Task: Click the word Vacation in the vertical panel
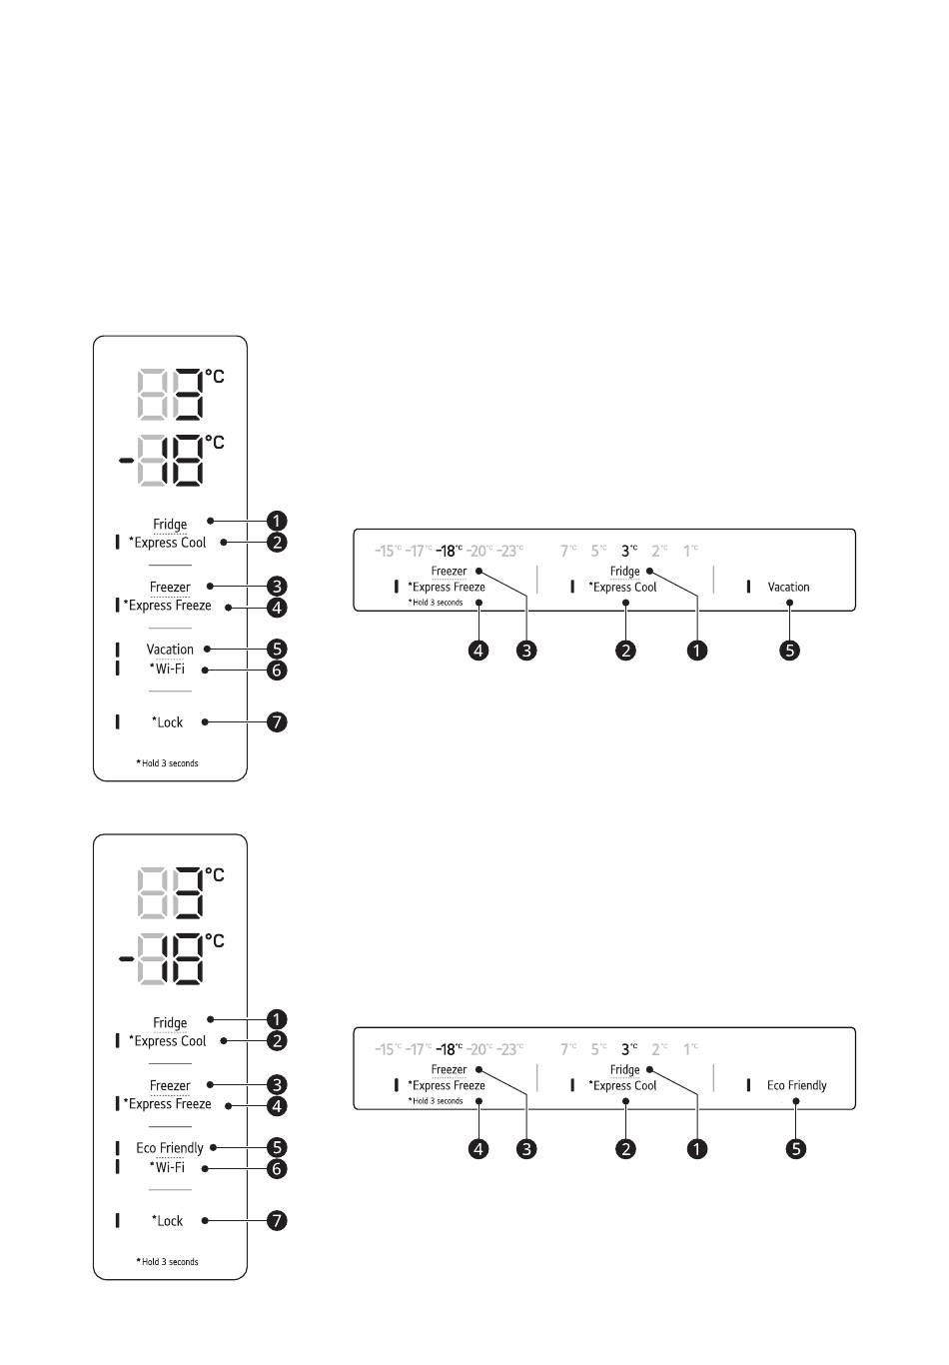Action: click(x=170, y=650)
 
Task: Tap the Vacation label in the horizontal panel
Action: click(x=788, y=588)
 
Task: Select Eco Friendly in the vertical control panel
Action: click(x=170, y=1148)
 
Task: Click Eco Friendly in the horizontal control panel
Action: click(x=796, y=1086)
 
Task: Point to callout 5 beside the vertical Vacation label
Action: click(x=277, y=650)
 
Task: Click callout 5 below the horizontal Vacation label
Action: click(x=789, y=651)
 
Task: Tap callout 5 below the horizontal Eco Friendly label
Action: click(x=796, y=1149)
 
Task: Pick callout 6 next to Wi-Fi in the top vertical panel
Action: click(x=277, y=670)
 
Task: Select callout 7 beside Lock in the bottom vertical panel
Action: click(x=277, y=1220)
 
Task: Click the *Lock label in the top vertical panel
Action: click(x=168, y=722)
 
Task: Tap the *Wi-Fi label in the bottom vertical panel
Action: click(x=168, y=1167)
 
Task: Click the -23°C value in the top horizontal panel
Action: click(x=509, y=551)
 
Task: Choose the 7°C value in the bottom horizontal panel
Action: click(x=568, y=1049)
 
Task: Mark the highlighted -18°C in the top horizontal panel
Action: click(x=449, y=551)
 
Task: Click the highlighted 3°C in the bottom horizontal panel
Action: click(x=628, y=1049)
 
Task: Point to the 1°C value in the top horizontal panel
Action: click(x=690, y=551)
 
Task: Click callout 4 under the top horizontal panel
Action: click(x=479, y=651)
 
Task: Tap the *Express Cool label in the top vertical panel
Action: click(x=168, y=543)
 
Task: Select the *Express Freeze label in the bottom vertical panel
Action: click(x=168, y=1104)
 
